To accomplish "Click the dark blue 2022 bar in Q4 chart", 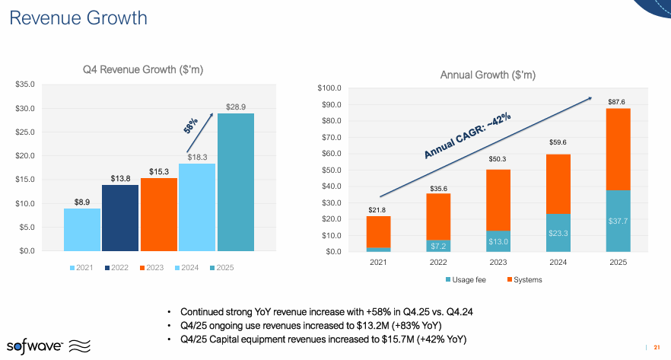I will pos(120,218).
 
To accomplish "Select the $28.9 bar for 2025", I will pos(236,182).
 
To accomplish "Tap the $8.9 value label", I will pos(82,202).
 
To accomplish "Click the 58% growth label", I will pos(191,125).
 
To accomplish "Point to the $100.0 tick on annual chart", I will pos(329,88).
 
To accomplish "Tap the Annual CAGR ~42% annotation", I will pos(467,137).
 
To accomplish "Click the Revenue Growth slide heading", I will pos(78,18).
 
